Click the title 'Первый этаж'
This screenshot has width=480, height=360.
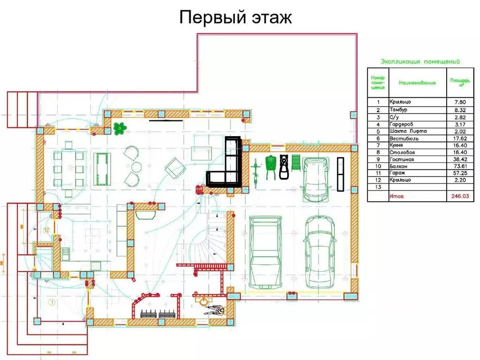coord(236,17)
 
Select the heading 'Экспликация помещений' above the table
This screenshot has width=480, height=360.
coord(420,61)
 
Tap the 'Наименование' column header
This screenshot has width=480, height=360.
coord(417,83)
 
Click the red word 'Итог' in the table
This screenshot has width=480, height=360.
coord(396,197)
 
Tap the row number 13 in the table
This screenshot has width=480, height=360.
coord(378,186)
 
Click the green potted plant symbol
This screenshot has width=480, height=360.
coord(120,127)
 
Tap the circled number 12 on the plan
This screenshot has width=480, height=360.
coord(46,230)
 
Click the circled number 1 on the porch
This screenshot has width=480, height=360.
coord(52,302)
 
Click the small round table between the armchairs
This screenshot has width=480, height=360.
coord(136,167)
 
